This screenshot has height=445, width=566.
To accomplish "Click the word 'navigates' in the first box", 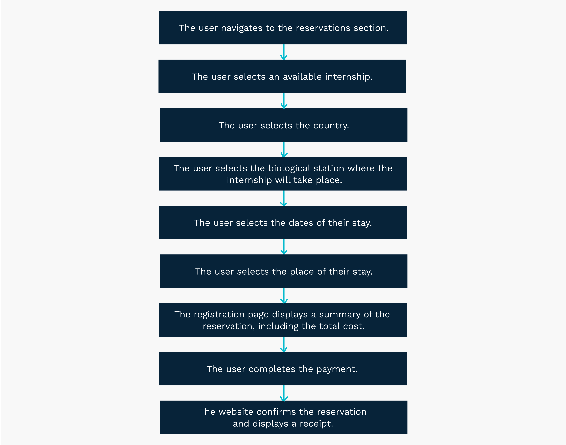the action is (x=242, y=28).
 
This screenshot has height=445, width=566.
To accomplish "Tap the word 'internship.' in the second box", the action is (x=349, y=77).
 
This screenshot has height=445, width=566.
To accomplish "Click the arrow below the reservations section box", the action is (x=284, y=52).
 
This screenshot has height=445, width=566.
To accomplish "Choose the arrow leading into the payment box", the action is (x=284, y=344).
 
